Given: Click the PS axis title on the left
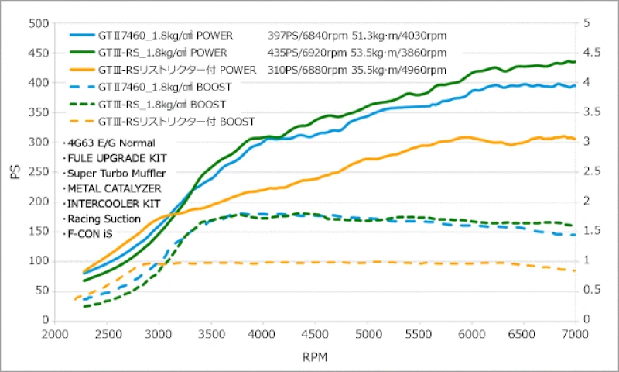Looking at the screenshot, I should [15, 172].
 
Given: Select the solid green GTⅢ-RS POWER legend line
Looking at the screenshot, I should [81, 53].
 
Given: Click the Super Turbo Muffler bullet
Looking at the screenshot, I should [114, 173].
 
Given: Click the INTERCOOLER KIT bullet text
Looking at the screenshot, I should [113, 204].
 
